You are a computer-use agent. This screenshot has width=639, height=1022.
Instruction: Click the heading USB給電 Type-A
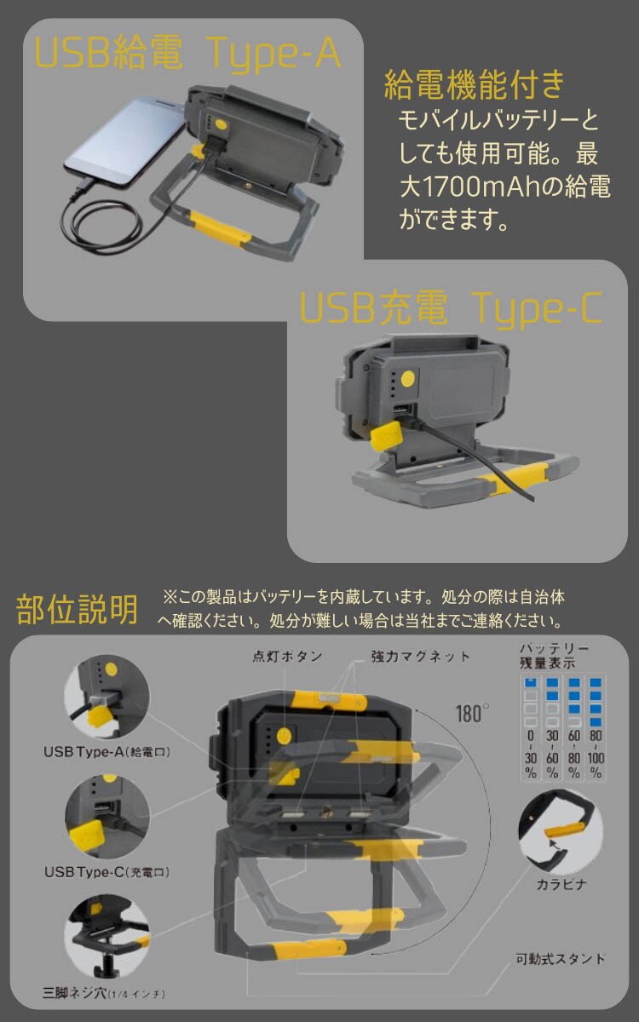(187, 54)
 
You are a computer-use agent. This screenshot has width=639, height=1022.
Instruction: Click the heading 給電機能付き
(475, 85)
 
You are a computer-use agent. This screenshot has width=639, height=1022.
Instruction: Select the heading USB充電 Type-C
(451, 308)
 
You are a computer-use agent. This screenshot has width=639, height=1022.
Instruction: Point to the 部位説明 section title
(77, 609)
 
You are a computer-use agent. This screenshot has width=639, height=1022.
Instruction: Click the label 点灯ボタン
(288, 656)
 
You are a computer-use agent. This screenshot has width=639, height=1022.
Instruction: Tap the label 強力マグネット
(420, 657)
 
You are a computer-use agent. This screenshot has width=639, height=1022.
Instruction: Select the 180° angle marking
(472, 714)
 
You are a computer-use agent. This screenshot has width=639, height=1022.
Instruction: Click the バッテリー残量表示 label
(554, 656)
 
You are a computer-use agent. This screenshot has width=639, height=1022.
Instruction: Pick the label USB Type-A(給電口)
(106, 752)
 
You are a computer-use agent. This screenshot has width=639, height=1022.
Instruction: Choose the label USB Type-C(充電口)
(106, 872)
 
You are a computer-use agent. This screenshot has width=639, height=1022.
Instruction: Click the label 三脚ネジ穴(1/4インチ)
(104, 993)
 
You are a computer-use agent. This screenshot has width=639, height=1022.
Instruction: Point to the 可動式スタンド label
(561, 959)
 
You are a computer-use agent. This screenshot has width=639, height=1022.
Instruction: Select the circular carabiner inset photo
(561, 832)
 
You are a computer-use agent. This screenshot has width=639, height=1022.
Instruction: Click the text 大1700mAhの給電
(505, 187)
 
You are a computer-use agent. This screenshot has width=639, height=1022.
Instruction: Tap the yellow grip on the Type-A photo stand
(220, 227)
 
